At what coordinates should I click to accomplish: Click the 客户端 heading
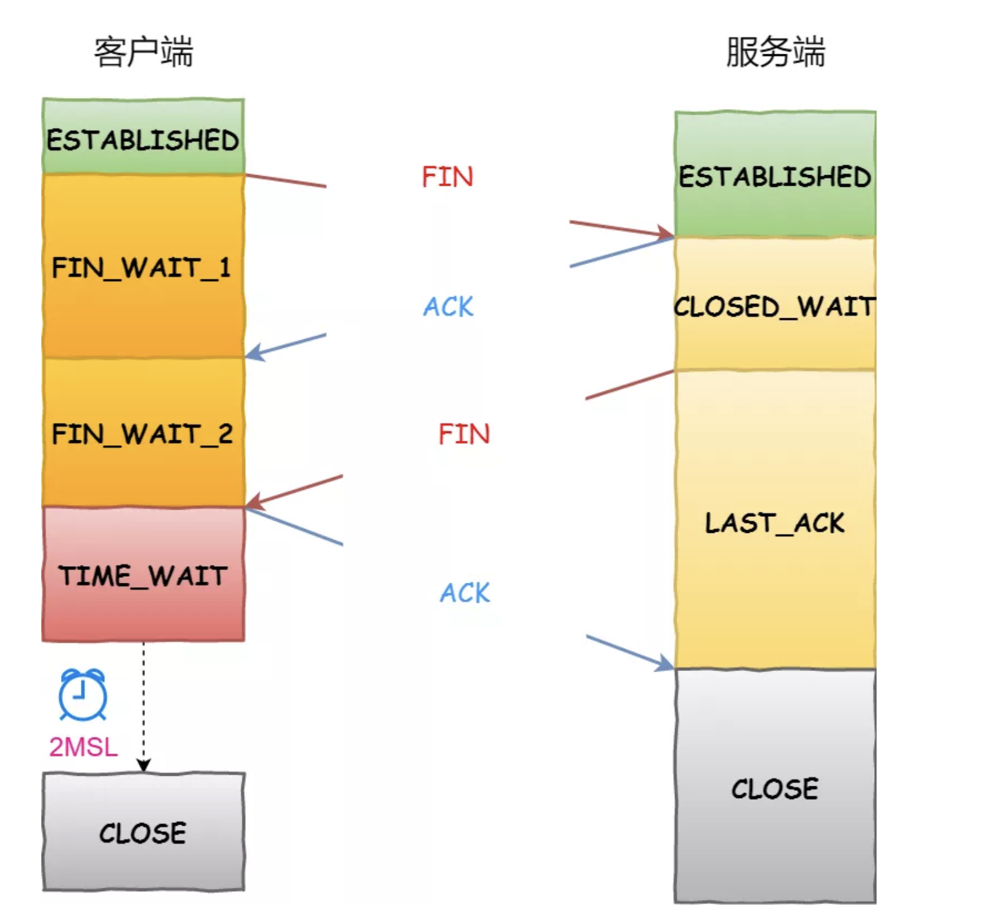click(x=143, y=52)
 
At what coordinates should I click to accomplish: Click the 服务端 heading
click(x=775, y=52)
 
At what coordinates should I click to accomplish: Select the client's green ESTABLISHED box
click(x=143, y=136)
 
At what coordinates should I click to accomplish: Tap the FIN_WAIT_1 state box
click(x=143, y=266)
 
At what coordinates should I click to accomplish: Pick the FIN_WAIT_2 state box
click(x=143, y=433)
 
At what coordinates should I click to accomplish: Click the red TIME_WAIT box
click(x=143, y=575)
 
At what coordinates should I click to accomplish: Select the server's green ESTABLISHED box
click(x=775, y=175)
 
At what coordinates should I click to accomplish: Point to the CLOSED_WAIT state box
click(x=775, y=306)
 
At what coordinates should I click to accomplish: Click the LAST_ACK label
click(x=775, y=523)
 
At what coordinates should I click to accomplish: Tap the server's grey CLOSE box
click(x=775, y=788)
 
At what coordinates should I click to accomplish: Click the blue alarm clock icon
click(x=83, y=695)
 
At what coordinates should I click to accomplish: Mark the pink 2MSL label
click(x=83, y=747)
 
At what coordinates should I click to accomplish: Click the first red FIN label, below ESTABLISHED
click(x=447, y=177)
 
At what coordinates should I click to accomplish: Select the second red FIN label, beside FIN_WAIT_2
click(x=464, y=434)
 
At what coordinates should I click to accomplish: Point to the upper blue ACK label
click(x=448, y=307)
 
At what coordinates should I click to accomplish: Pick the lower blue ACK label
click(x=465, y=593)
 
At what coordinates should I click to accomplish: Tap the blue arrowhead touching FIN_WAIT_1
click(x=254, y=352)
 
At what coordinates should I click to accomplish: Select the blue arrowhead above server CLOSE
click(x=665, y=664)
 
